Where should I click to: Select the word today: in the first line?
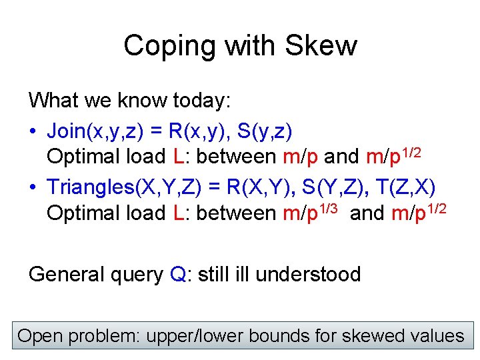point(201,101)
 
